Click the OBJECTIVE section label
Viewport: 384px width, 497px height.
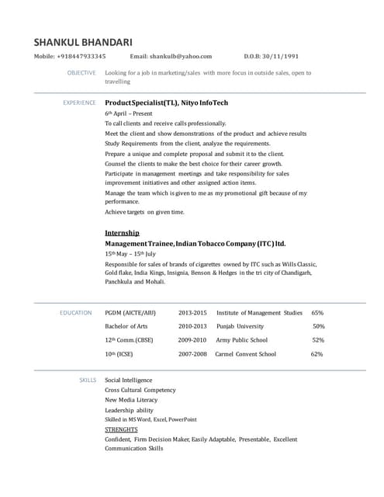click(x=81, y=73)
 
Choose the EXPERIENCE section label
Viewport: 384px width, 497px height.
click(x=79, y=103)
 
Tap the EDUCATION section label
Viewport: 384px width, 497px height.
click(x=76, y=312)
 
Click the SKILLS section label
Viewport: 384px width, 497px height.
click(x=88, y=380)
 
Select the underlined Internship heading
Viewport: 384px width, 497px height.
click(x=122, y=232)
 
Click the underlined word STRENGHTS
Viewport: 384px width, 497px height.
click(x=121, y=429)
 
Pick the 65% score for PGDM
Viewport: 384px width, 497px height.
click(x=317, y=312)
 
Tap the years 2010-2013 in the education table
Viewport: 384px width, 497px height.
click(x=192, y=326)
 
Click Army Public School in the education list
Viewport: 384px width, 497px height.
click(x=241, y=340)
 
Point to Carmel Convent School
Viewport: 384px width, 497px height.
click(x=245, y=354)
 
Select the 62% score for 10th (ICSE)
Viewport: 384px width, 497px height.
click(x=317, y=354)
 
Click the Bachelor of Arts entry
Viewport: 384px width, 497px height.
click(x=126, y=326)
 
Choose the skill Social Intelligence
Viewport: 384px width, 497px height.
click(x=130, y=380)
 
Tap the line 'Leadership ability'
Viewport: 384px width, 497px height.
click(x=129, y=409)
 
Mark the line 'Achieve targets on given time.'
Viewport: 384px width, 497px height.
click(x=144, y=212)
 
